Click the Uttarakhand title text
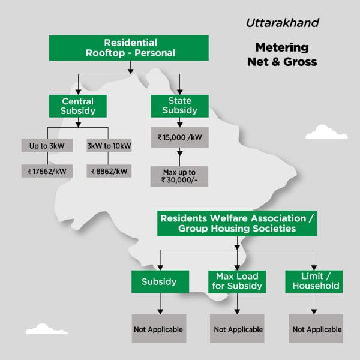(x=282, y=23)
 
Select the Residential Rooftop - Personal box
(x=129, y=48)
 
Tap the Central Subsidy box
(x=78, y=106)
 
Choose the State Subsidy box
(x=180, y=106)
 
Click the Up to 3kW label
(x=47, y=146)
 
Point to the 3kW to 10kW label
(x=109, y=146)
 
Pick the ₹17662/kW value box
(x=47, y=171)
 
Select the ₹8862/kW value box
(x=109, y=171)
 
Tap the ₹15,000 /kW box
(x=180, y=137)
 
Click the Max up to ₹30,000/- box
(x=179, y=176)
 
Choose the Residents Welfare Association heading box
(x=237, y=223)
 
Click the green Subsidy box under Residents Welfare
(x=160, y=281)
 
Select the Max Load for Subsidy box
(x=237, y=281)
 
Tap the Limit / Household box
(x=314, y=281)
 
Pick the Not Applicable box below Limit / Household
(x=316, y=329)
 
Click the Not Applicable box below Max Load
(x=237, y=329)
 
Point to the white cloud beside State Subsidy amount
(x=326, y=133)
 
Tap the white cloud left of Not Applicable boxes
(x=46, y=329)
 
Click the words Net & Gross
(x=282, y=62)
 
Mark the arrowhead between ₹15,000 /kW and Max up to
(x=180, y=153)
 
